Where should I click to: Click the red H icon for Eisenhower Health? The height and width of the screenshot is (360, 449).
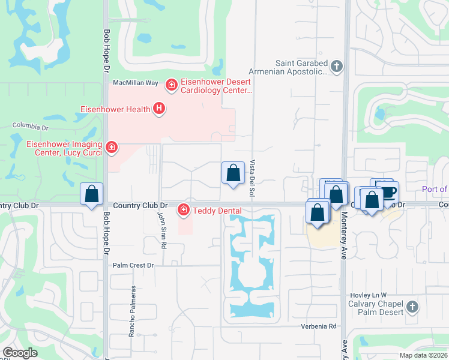click(x=158, y=109)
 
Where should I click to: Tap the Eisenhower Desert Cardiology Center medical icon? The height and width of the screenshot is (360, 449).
click(x=171, y=85)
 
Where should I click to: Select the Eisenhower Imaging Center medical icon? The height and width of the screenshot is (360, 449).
click(x=110, y=147)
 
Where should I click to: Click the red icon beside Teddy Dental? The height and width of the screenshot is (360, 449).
click(x=183, y=210)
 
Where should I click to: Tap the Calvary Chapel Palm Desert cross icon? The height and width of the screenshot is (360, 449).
click(x=412, y=307)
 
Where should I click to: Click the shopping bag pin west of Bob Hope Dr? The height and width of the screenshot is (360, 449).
click(x=91, y=194)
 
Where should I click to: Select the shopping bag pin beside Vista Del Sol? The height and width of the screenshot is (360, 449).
click(x=233, y=173)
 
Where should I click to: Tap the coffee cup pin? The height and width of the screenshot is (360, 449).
click(x=388, y=191)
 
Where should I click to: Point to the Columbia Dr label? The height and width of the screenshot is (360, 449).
click(x=30, y=127)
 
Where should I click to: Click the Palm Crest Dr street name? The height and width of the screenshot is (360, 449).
click(x=133, y=265)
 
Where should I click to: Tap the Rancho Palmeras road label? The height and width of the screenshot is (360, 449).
click(x=132, y=311)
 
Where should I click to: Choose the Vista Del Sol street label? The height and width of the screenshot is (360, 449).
click(x=253, y=178)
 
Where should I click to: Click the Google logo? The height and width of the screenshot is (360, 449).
click(x=20, y=353)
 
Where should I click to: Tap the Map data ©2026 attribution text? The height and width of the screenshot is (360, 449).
click(x=423, y=355)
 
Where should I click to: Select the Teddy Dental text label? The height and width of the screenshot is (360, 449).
click(x=217, y=211)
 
